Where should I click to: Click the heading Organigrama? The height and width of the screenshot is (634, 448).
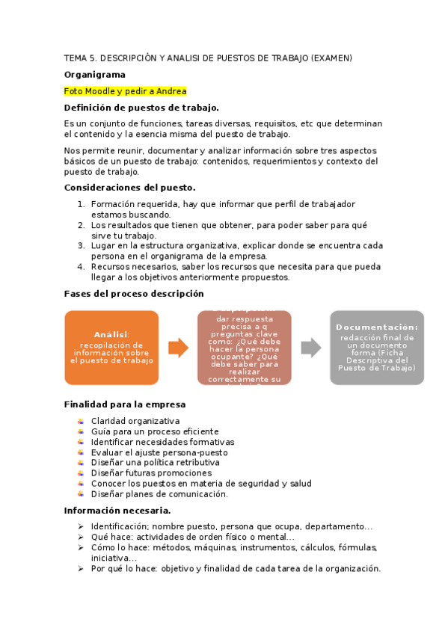coord(94,75)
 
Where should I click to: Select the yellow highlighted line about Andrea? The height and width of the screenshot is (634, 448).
coord(125,91)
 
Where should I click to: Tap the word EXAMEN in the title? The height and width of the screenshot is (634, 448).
coord(331,58)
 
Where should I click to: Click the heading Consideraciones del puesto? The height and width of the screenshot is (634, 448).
coord(130,187)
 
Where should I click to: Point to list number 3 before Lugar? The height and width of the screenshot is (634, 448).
coord(81,245)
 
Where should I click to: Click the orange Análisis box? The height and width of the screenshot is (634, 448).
coord(111,348)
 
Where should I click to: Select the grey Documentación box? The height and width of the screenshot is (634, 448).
coord(377,348)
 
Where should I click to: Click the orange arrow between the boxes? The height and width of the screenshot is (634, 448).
coord(178,348)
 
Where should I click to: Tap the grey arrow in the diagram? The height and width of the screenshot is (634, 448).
coord(310,348)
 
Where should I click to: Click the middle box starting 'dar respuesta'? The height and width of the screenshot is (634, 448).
coord(244,348)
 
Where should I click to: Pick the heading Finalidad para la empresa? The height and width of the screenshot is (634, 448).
coord(125,404)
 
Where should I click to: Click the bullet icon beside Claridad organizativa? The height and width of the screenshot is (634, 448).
coord(80,421)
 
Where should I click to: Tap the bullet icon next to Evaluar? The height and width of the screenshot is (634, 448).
coord(80,452)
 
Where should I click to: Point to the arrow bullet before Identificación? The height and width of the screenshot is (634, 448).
coord(80,526)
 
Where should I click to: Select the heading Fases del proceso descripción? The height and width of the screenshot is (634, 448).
coord(134,294)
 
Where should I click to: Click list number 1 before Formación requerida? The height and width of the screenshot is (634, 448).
coord(81,203)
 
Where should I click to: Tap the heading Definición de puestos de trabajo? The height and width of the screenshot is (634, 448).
coord(141,108)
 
